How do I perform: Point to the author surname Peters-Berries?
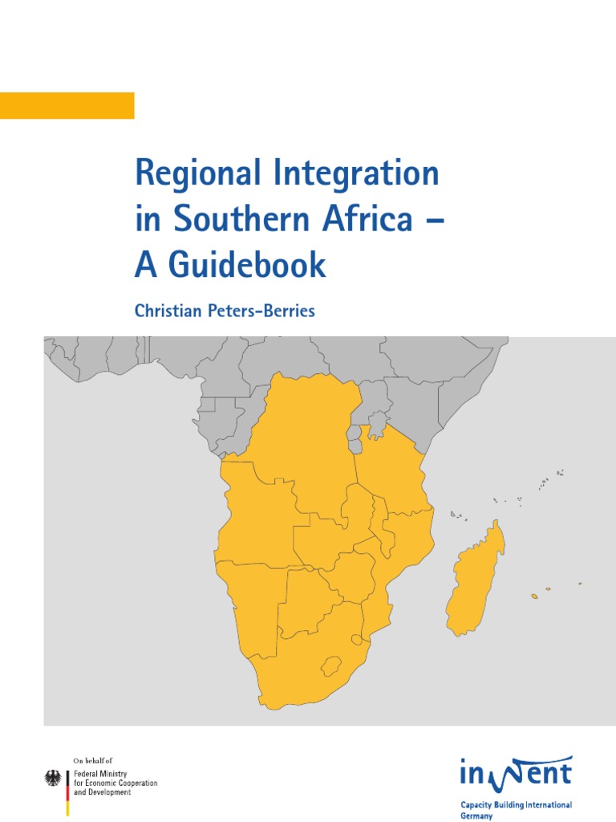[259, 311]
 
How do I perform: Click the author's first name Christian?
[165, 311]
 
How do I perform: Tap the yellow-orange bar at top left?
[67, 105]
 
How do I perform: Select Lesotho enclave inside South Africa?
[328, 665]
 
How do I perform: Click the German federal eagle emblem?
[54, 778]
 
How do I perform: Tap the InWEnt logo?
[516, 773]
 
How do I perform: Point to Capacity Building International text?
[516, 804]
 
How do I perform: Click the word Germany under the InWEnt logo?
[476, 815]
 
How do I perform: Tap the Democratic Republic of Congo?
[309, 450]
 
